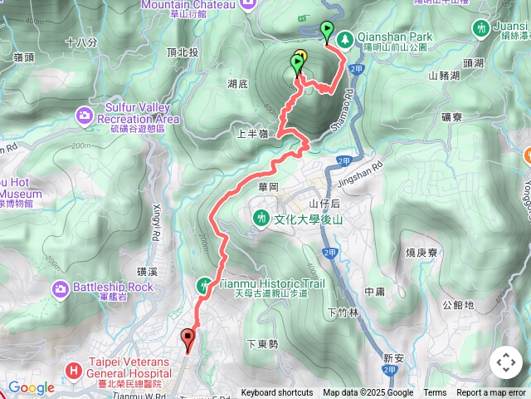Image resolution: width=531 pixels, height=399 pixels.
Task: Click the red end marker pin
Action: pos(188,338)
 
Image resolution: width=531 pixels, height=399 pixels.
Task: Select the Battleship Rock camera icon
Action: pos(61,288)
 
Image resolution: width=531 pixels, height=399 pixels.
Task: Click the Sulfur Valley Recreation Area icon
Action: pos(85,114)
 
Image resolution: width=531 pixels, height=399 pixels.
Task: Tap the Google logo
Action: pos(31,387)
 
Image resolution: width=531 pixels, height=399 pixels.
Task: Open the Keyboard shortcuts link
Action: pos(277,393)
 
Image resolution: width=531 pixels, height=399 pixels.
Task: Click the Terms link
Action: pos(435,393)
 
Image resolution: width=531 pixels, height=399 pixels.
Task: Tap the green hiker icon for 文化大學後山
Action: pos(262,218)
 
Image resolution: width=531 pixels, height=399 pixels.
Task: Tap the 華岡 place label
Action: pos(267,187)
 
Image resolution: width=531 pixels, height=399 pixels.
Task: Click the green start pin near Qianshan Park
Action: pos(327,31)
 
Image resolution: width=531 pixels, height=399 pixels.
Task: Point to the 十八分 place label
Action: pos(80,42)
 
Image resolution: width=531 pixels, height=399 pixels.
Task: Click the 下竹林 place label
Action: pos(342,313)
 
